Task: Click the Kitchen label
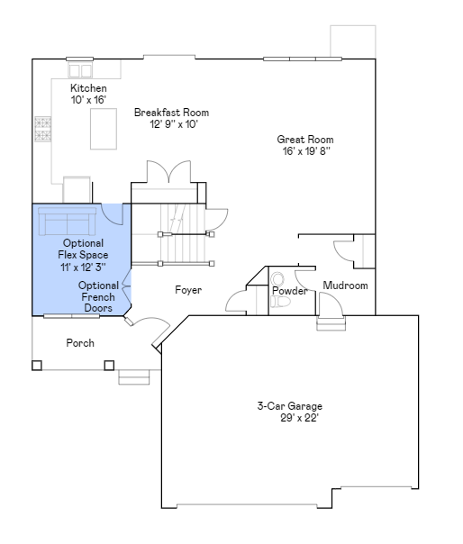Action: (x=88, y=88)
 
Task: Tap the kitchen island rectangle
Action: (x=105, y=134)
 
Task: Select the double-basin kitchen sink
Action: (x=80, y=69)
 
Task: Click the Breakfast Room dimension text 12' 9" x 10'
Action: (x=173, y=124)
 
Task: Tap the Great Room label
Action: (x=304, y=140)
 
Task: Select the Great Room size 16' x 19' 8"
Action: (x=305, y=151)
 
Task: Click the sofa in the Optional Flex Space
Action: (x=66, y=221)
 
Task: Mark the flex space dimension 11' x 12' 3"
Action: (x=83, y=267)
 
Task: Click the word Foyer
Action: (x=188, y=290)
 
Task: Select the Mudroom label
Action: (x=345, y=286)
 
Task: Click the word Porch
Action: (x=80, y=343)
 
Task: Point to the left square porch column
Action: (x=37, y=365)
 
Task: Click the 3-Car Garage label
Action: (x=289, y=406)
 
